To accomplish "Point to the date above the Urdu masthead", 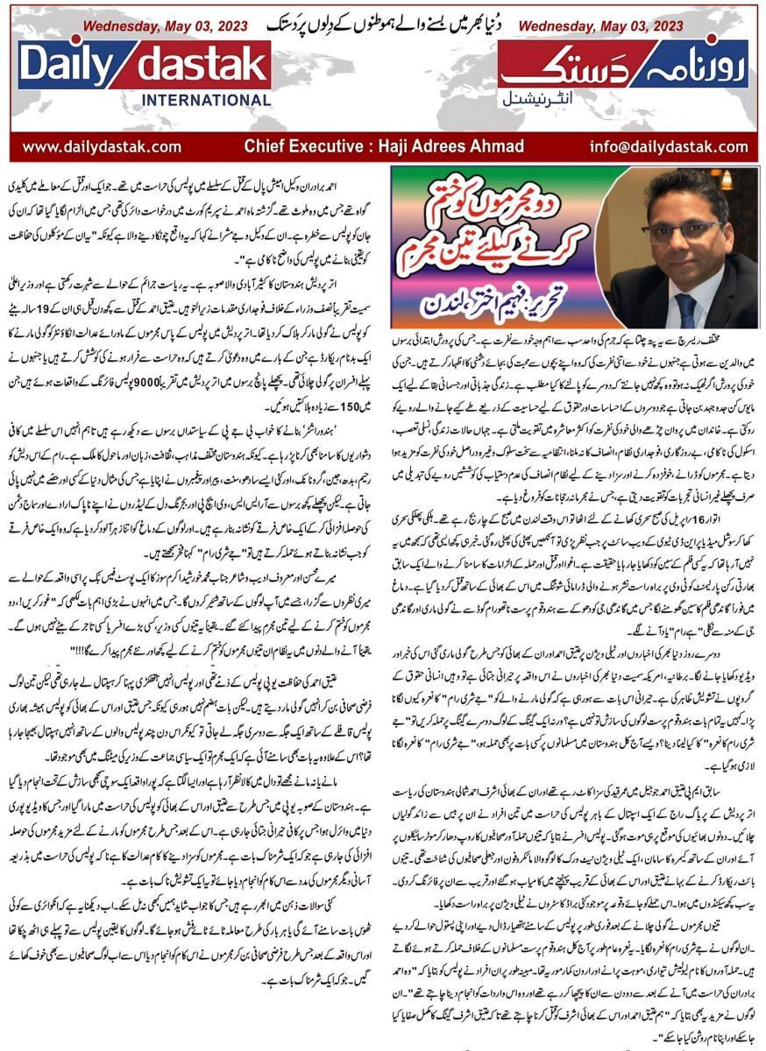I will point(600,26).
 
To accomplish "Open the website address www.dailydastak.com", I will point(102,146).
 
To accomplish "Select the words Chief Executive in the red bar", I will point(301,146).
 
